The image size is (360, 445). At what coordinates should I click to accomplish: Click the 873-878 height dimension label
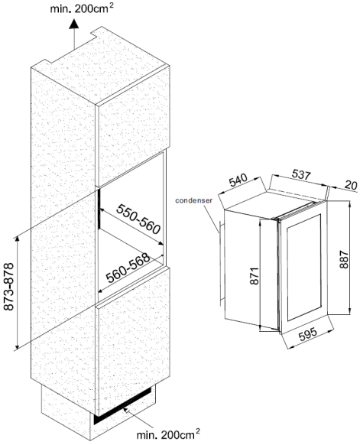[x=9, y=287]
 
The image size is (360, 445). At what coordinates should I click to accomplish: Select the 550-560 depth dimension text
[x=138, y=219]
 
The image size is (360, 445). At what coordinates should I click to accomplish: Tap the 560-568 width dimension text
[x=128, y=268]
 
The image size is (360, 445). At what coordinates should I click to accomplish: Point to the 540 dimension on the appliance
[x=238, y=180]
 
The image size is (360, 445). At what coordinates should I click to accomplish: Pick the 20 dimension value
[x=351, y=185]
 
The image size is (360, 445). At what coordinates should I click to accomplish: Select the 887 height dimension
[x=343, y=259]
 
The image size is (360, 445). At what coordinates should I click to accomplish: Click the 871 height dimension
[x=255, y=275]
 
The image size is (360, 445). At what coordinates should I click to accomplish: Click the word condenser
[x=194, y=200]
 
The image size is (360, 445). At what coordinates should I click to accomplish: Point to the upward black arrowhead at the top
[x=74, y=24]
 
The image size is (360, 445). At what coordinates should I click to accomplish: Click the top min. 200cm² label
[x=82, y=8]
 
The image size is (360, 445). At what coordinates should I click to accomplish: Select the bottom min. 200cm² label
[x=168, y=434]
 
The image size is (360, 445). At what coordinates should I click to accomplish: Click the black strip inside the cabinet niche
[x=99, y=209]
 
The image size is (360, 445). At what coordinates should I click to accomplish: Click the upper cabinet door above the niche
[x=133, y=126]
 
